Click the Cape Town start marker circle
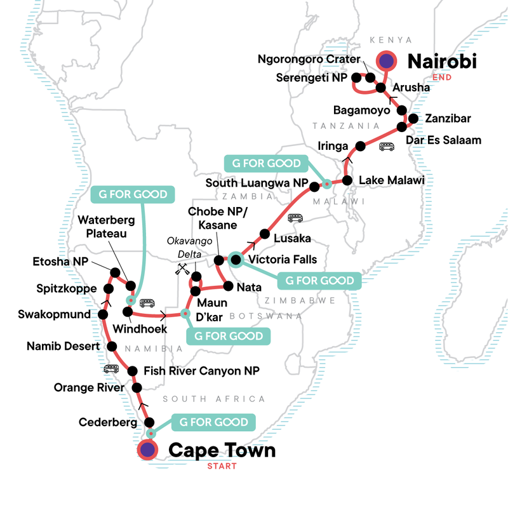(x=148, y=450)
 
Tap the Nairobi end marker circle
(x=386, y=61)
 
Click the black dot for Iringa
(x=360, y=146)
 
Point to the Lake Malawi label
(x=391, y=181)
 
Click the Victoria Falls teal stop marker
(x=236, y=259)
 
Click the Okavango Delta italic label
(x=185, y=247)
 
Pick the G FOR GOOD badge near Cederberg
(x=213, y=421)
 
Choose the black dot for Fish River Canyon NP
(x=133, y=371)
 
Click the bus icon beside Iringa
(x=386, y=147)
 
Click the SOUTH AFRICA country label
(x=213, y=399)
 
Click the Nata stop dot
(x=226, y=286)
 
